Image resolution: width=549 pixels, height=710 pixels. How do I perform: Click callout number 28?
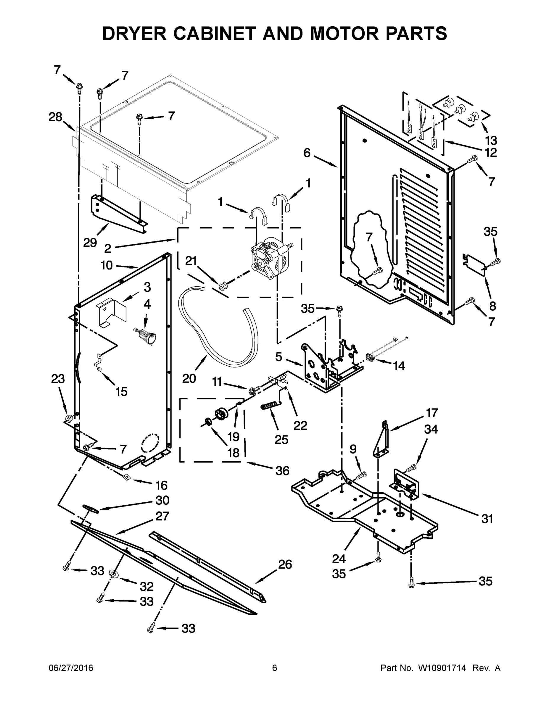55,117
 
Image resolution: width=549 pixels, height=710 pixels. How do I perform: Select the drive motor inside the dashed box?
270,260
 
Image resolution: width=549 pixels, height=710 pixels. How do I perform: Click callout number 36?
282,470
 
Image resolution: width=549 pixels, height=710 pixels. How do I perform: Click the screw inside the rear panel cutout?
378,270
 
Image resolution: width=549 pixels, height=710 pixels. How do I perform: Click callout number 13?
491,140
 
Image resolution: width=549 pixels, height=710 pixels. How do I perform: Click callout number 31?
487,519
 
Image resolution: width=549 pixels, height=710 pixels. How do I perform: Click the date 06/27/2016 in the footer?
71,668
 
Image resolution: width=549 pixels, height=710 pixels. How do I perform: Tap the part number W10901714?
442,668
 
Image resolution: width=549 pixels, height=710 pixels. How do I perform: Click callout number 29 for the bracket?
90,242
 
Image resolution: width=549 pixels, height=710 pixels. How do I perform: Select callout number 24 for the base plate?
339,559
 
